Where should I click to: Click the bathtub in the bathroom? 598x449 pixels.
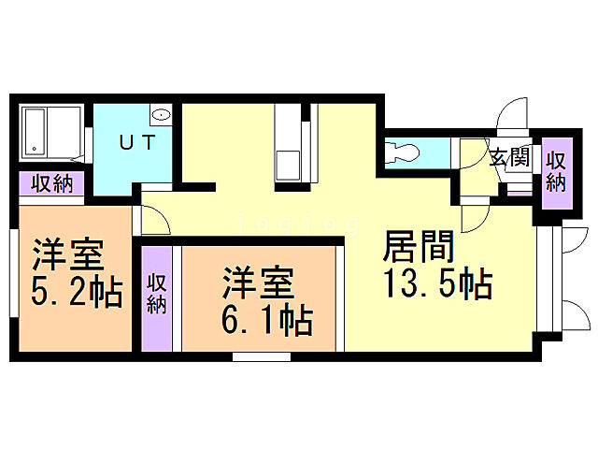click(36, 132)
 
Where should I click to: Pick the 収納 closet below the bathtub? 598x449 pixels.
click(50, 183)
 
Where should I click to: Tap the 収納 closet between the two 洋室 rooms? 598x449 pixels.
click(157, 293)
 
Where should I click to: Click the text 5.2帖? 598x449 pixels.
click(78, 294)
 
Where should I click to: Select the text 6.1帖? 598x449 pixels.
click(266, 321)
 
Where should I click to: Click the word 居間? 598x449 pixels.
click(419, 247)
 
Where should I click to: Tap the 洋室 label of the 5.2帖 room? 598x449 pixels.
click(68, 254)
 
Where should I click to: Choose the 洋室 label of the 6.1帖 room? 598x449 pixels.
click(258, 282)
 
